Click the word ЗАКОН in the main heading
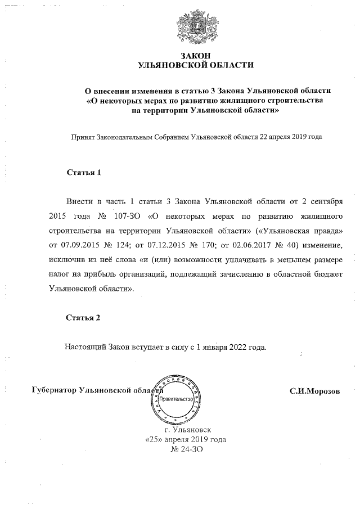click(x=196, y=55)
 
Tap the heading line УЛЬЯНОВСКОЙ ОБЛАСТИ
click(x=196, y=65)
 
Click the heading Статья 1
click(x=83, y=173)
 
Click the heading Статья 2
click(x=83, y=318)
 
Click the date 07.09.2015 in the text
click(x=73, y=245)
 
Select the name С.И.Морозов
click(x=315, y=391)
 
